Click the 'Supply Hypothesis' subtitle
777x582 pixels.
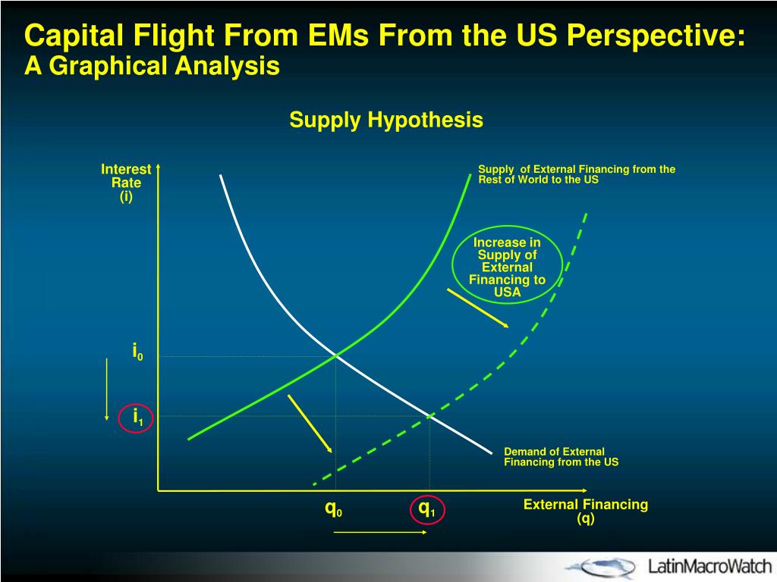[386, 120]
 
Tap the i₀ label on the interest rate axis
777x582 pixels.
[138, 352]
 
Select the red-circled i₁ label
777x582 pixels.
[138, 417]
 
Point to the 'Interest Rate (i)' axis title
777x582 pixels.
[126, 183]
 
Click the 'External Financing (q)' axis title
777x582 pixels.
[586, 511]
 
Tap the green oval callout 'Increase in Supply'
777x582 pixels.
[507, 267]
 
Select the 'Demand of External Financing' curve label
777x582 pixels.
[562, 457]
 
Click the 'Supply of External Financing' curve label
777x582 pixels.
[577, 174]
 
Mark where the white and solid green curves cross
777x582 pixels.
[335, 354]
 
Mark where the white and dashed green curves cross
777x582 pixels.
[430, 415]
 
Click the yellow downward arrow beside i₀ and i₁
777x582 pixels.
[107, 387]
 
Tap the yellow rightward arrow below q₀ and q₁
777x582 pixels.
[379, 533]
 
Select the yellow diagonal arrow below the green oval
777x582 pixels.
[477, 308]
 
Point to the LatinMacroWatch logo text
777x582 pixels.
[709, 565]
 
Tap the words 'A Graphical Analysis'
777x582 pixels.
[153, 67]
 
